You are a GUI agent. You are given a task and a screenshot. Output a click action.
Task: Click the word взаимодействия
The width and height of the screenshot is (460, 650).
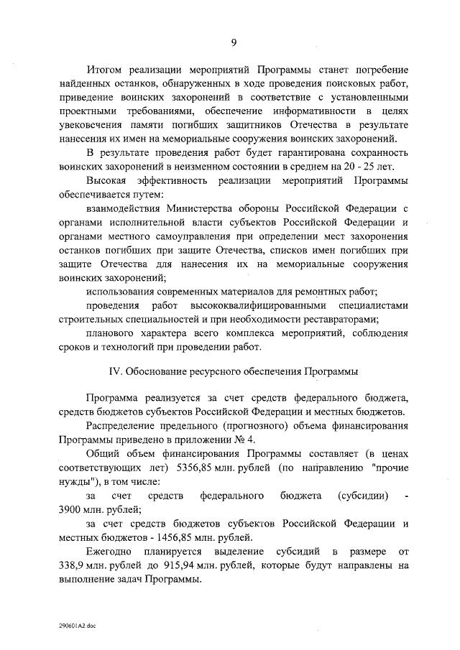pos(123,208)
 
